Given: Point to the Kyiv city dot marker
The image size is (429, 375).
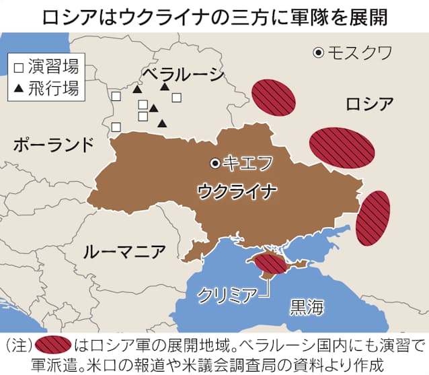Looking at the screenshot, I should (214, 162).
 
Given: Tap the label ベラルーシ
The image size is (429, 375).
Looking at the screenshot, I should (182, 73).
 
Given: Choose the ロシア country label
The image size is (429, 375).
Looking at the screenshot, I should (369, 104).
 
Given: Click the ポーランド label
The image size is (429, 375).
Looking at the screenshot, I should (54, 144).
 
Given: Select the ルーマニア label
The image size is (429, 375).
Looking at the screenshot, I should (124, 252).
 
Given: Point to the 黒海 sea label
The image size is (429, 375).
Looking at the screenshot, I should (307, 307).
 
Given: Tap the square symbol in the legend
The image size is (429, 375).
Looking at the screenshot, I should (18, 67).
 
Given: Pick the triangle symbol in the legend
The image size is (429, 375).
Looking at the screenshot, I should (18, 88).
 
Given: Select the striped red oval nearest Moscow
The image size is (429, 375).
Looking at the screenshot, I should (274, 96).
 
